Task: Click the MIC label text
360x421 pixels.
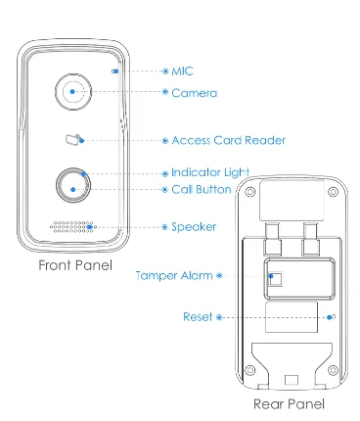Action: coord(182,71)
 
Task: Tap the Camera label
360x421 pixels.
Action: coord(195,93)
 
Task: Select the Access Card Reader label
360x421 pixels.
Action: coord(229,140)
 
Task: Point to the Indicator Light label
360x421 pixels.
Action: coord(210,172)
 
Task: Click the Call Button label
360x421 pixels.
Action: coord(202,189)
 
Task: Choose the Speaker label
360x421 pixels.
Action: coord(194,227)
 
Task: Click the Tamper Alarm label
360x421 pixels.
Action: coord(174,276)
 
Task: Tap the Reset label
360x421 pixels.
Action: coord(198,316)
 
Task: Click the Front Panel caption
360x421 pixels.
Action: coord(75,265)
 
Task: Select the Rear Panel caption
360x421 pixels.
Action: coord(289,404)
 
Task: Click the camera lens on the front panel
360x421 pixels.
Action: coord(73,92)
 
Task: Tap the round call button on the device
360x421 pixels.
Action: coord(73,185)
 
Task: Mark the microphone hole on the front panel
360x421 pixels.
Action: coord(114,71)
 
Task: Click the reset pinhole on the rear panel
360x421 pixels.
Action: coord(333,316)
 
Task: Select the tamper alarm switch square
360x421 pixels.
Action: coord(276,279)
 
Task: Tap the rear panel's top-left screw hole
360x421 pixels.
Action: coord(249,192)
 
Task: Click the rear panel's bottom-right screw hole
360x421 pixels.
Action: coord(333,370)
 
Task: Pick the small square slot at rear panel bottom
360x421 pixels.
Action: coord(292,381)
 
